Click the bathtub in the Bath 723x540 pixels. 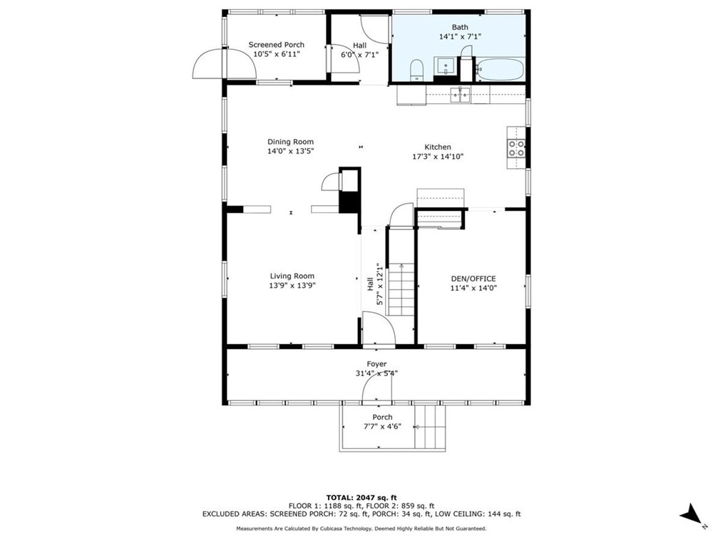500,70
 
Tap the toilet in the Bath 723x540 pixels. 417,70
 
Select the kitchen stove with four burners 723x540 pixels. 516,148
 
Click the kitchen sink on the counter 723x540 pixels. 459,94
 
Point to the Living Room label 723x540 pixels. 292,276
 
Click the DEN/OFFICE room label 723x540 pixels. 473,279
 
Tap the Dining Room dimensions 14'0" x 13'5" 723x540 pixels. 290,151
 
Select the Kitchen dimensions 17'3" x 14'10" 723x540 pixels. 438,157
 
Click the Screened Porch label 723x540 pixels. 276,45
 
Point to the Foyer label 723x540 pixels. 376,364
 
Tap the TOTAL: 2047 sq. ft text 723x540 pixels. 361,497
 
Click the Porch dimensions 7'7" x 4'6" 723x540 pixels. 381,427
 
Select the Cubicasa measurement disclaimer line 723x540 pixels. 361,529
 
